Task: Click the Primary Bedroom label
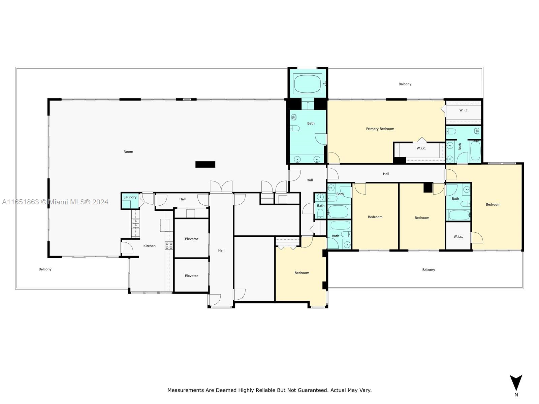tap(380, 129)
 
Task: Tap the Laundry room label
tap(130, 197)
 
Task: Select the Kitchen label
tap(149, 246)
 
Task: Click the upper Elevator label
tap(191, 239)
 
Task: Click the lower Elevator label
tap(191, 276)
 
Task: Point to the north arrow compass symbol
tap(516, 383)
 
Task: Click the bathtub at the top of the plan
tap(308, 84)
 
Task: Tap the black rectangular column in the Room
tap(205, 164)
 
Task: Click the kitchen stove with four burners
tap(169, 245)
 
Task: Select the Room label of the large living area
tap(128, 151)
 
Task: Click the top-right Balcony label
tap(405, 84)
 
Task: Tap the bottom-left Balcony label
tap(45, 269)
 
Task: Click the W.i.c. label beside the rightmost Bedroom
tap(458, 236)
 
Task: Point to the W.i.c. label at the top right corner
tap(464, 110)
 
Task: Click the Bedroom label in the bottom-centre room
tap(302, 273)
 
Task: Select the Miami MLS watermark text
tap(55, 202)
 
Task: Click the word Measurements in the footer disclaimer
tap(186, 390)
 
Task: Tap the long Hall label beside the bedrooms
tap(386, 174)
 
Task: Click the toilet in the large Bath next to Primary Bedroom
tap(295, 128)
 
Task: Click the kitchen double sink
tap(135, 223)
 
